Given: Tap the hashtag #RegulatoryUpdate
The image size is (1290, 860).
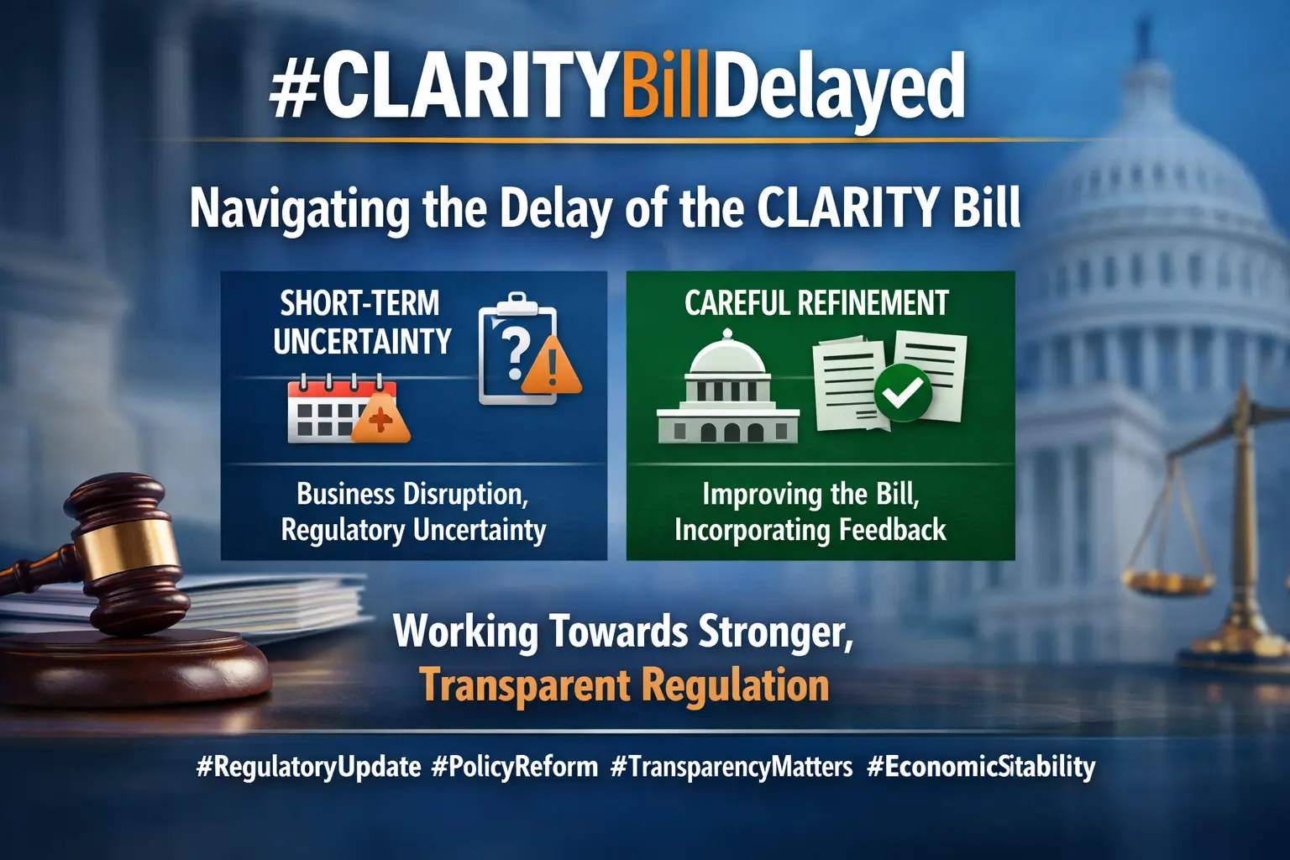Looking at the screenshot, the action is [309, 768].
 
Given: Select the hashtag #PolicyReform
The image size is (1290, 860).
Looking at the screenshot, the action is [514, 768].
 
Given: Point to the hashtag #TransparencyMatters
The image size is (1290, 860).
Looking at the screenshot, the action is [732, 768].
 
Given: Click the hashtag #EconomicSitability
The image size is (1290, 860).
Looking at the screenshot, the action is [981, 768].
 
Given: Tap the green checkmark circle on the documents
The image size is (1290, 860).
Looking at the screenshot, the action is [903, 392].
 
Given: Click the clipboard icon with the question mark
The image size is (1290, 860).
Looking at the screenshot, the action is [517, 348].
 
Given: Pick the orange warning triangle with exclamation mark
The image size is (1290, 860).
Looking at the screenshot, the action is [552, 365].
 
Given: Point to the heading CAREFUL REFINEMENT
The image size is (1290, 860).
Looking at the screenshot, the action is [816, 303].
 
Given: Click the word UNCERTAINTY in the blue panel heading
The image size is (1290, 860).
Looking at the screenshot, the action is [362, 342].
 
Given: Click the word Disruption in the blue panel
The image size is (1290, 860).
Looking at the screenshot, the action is [465, 495].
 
